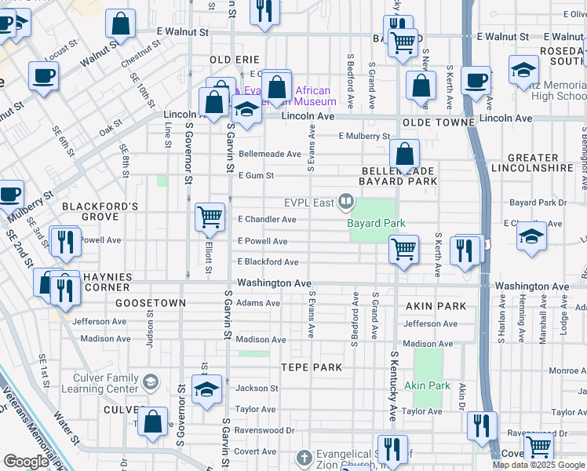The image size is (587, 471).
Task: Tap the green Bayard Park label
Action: pyautogui.click(x=377, y=224)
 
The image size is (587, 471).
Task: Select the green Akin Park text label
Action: pyautogui.click(x=428, y=386)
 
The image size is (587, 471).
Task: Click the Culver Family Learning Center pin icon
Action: pyautogui.click(x=150, y=382)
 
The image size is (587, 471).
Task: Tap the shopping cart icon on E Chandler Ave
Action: pyautogui.click(x=210, y=217)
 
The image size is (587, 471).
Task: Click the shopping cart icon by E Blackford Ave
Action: pyautogui.click(x=403, y=250)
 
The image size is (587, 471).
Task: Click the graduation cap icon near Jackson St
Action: pyautogui.click(x=206, y=390)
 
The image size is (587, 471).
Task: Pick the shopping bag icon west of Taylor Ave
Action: pyautogui.click(x=155, y=420)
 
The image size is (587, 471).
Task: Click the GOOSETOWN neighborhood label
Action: pyautogui.click(x=150, y=302)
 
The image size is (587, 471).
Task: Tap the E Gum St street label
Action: pyautogui.click(x=256, y=176)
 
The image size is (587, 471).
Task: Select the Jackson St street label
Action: pyautogui.click(x=257, y=388)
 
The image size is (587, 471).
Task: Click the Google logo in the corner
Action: pyautogui.click(x=27, y=461)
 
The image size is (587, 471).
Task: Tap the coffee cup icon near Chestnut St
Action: pyautogui.click(x=43, y=77)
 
